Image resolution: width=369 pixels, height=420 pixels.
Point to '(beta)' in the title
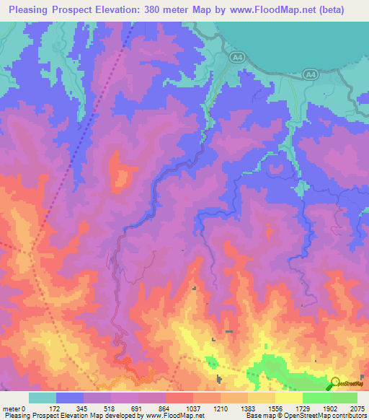coord(327,10)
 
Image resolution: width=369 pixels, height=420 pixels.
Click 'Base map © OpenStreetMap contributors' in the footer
coord(305,415)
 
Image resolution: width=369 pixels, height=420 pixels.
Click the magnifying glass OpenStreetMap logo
coord(336,382)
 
